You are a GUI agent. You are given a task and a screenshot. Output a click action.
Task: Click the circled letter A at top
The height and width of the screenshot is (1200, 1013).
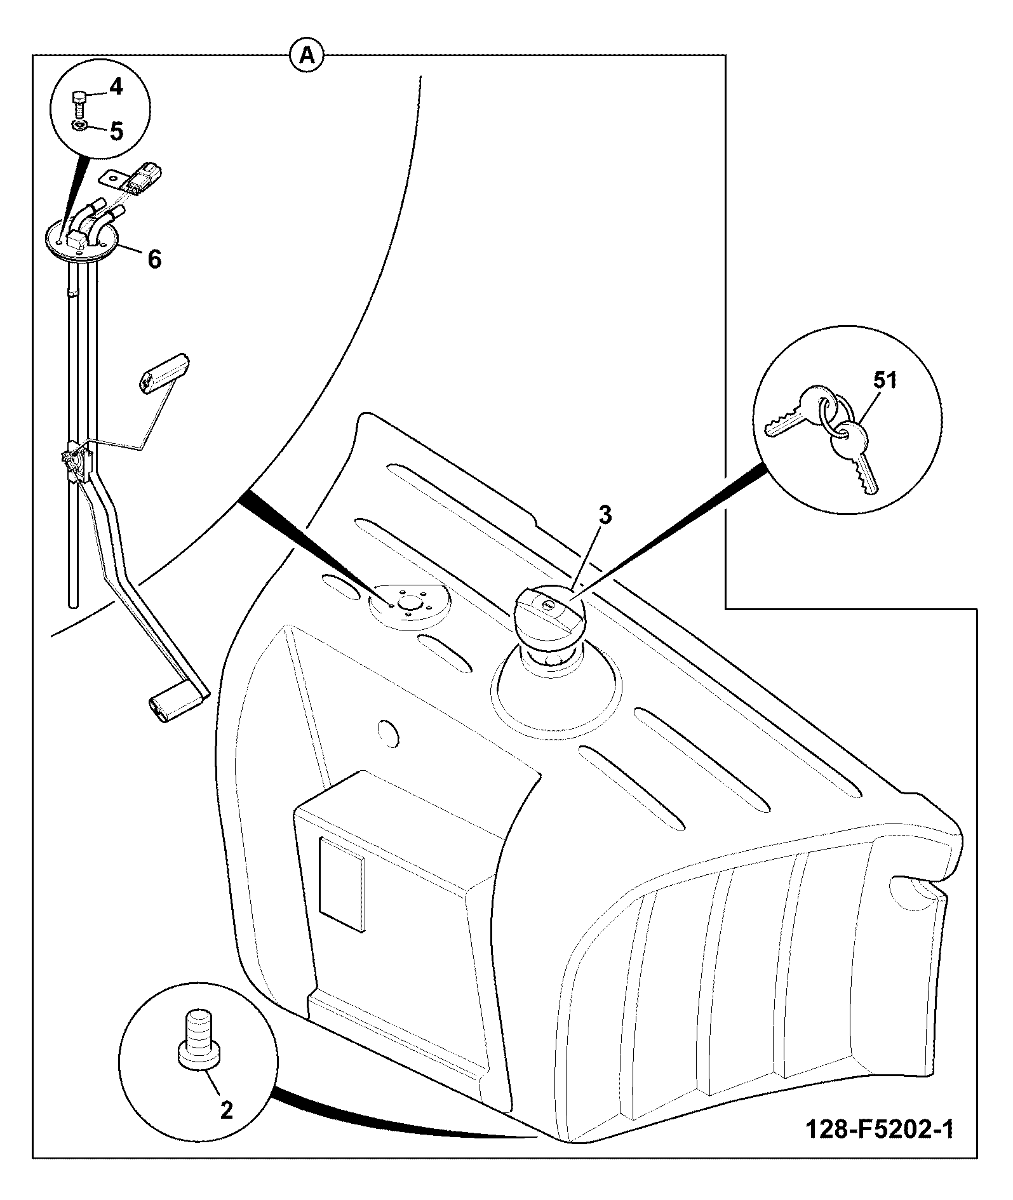[307, 57]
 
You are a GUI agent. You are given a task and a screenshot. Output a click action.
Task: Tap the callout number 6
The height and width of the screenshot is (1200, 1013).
[154, 259]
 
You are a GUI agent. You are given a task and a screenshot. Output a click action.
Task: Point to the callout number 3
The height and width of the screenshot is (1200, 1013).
[605, 516]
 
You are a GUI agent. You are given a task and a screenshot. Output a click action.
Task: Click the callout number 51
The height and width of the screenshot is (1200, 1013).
[885, 380]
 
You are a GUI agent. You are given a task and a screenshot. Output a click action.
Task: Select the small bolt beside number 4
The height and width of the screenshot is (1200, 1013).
[79, 103]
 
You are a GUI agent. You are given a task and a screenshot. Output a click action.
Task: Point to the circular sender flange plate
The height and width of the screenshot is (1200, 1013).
[83, 242]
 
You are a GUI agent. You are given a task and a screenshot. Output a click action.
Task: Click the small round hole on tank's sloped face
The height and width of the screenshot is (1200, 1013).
[387, 733]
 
